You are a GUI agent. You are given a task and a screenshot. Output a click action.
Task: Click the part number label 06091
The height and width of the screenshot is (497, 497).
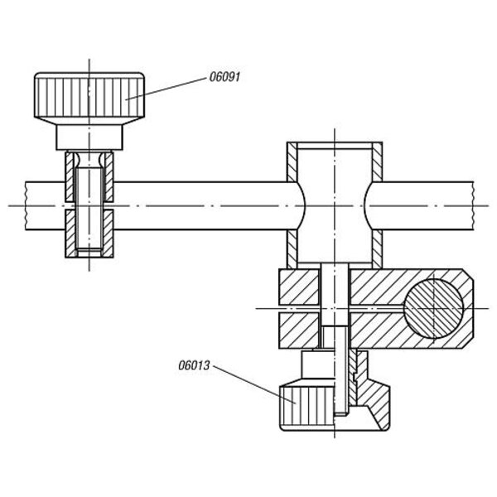224,77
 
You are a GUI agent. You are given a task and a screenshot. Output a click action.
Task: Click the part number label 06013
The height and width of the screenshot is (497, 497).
194,365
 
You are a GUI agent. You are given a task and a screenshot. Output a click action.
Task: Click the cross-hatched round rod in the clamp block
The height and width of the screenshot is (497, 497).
433,308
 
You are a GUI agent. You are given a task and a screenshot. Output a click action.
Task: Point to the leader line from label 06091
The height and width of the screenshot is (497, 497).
166,89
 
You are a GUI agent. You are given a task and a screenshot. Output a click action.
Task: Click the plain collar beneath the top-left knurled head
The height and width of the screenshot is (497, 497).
89,137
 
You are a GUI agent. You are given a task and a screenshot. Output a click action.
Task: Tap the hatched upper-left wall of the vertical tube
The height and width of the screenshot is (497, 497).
292,162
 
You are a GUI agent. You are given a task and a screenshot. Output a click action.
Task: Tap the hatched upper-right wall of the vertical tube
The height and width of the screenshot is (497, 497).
377,162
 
